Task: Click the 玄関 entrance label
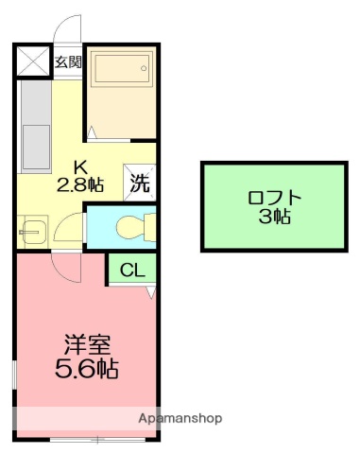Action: tap(66, 62)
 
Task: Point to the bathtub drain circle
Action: tap(143, 65)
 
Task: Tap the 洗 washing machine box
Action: tap(140, 182)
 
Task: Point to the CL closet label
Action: tap(132, 271)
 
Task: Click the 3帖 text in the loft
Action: tap(275, 217)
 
